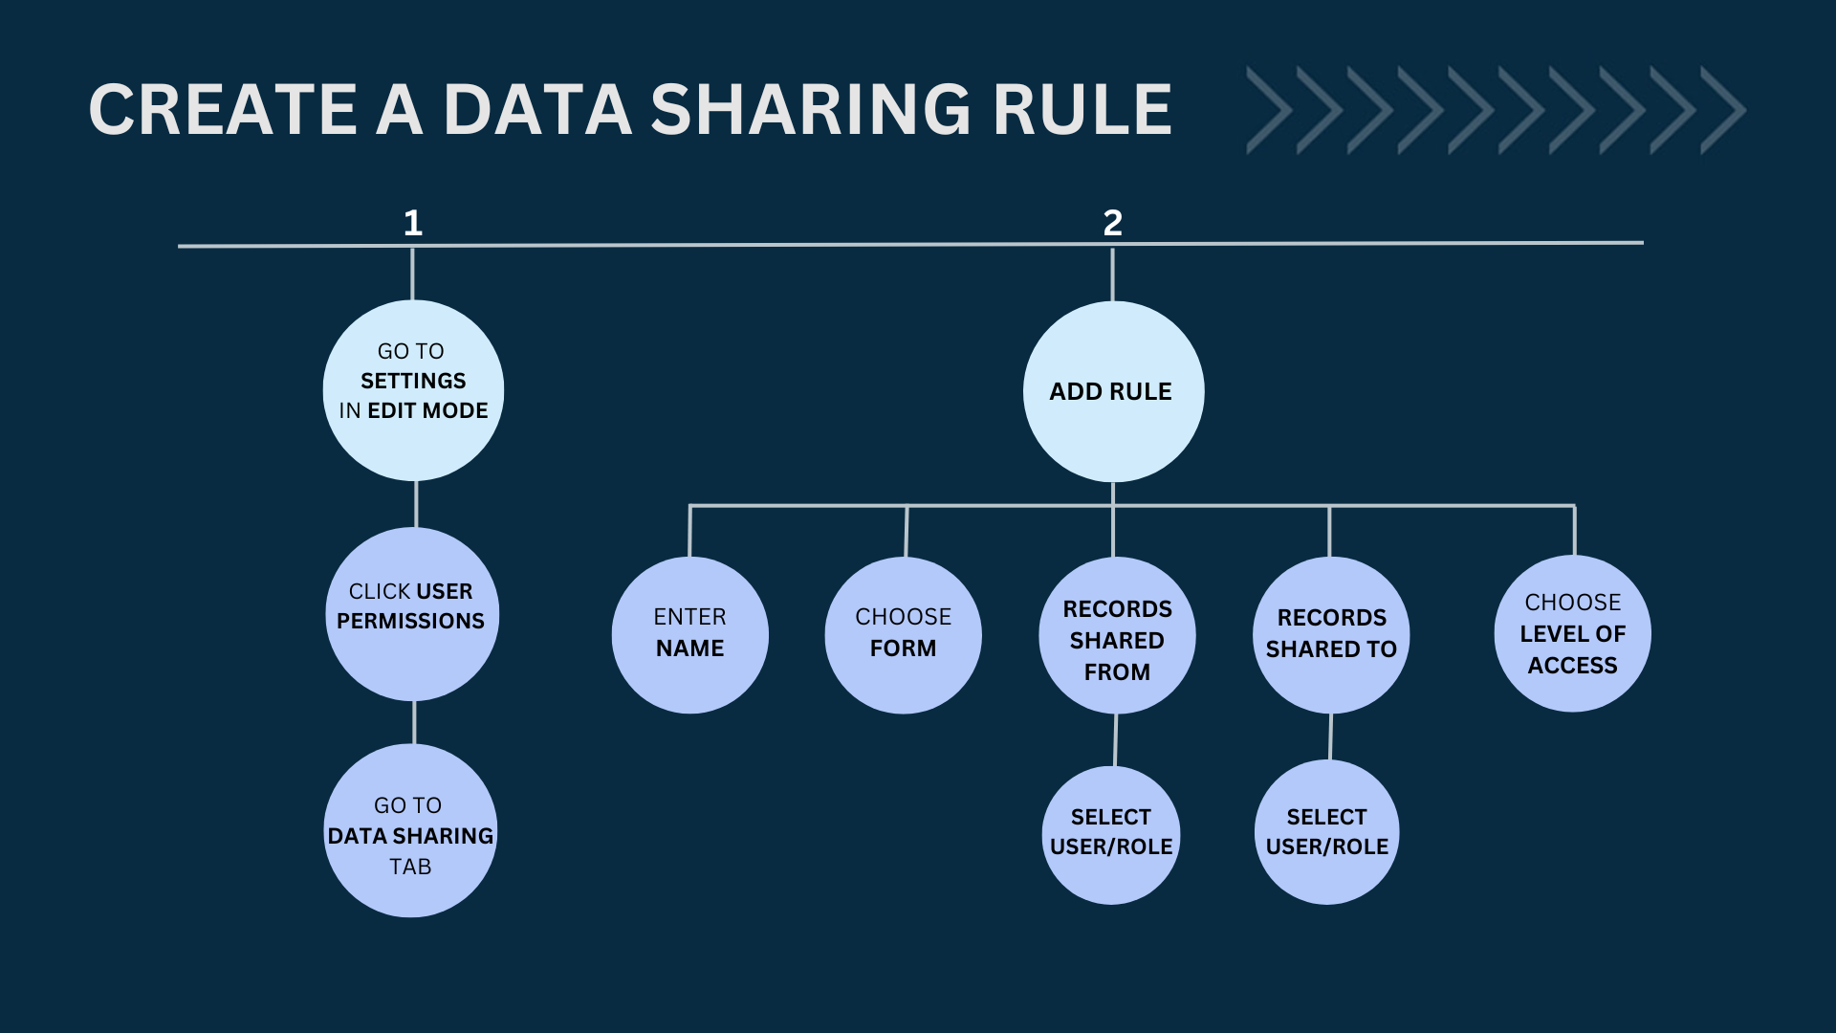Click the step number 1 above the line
(413, 223)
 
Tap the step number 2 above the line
(1112, 223)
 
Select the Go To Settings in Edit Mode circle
(413, 390)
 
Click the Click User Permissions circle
(412, 614)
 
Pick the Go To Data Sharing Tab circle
(410, 830)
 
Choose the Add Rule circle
(1113, 391)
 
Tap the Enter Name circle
(689, 635)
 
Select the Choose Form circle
(903, 635)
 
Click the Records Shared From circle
(1117, 635)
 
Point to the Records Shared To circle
(1331, 635)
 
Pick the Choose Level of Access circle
(1572, 633)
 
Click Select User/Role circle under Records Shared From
(1111, 835)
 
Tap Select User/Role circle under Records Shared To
(1326, 832)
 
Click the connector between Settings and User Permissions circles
(416, 504)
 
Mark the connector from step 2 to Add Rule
(1112, 275)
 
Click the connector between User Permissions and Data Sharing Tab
(414, 723)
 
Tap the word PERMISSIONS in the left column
(410, 621)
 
